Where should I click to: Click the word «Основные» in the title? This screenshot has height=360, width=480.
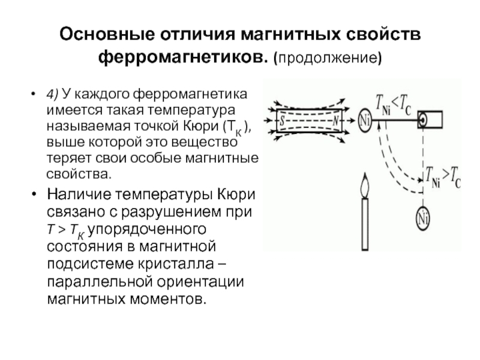click(x=107, y=34)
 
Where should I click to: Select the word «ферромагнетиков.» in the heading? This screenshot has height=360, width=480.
click(x=183, y=57)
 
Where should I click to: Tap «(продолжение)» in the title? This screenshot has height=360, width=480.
click(x=328, y=58)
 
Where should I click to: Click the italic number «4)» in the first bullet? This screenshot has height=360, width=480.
click(x=52, y=94)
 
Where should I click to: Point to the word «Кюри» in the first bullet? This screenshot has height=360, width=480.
click(x=200, y=126)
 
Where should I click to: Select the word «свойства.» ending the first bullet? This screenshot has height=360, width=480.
click(x=79, y=174)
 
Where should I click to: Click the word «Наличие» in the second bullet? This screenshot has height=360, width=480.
click(x=79, y=194)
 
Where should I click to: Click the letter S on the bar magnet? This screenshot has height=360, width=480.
click(x=282, y=120)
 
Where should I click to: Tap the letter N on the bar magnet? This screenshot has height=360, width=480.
click(x=336, y=121)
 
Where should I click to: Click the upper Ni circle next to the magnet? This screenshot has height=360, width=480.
click(x=364, y=121)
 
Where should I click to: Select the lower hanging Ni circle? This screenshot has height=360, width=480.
click(x=423, y=218)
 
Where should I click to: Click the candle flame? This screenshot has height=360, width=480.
click(x=364, y=185)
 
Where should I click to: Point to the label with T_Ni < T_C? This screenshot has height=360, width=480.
click(x=394, y=104)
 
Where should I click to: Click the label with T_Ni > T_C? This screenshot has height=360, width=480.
click(x=443, y=177)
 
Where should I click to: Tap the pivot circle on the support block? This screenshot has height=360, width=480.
click(x=423, y=119)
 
